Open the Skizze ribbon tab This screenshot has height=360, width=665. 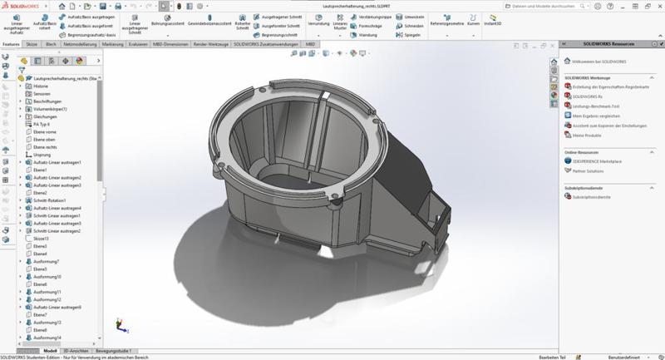(32, 44)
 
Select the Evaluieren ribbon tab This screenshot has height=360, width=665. (139, 44)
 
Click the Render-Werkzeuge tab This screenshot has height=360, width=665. (211, 44)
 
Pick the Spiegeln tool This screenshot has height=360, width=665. (410, 35)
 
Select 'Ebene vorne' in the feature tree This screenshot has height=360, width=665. (45, 132)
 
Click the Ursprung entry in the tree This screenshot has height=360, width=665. (42, 155)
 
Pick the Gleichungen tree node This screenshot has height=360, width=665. (45, 116)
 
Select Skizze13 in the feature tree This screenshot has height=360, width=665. (42, 239)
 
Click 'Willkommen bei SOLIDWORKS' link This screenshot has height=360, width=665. (596, 61)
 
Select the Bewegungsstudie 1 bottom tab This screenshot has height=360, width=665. (114, 351)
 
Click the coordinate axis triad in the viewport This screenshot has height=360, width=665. (121, 325)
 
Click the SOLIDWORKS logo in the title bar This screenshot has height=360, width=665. (25, 6)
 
